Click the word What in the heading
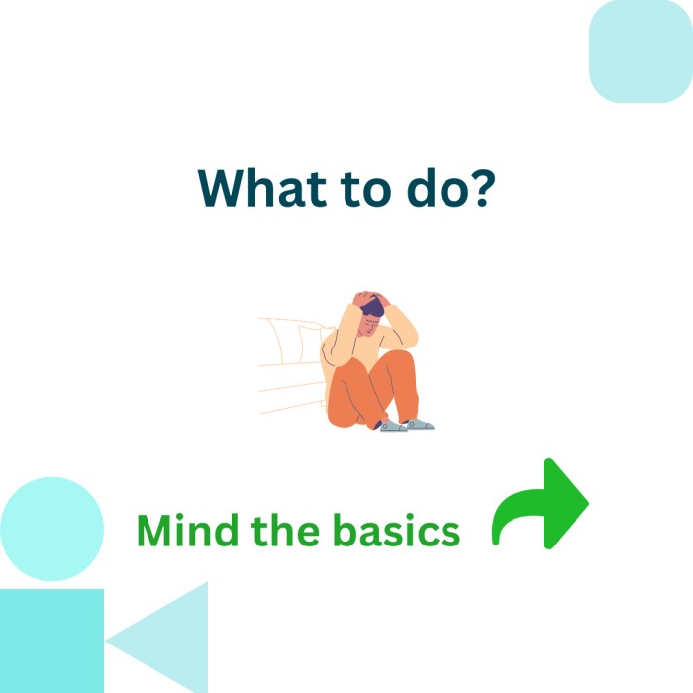tap(262, 188)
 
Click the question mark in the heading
tap(478, 188)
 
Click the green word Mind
tap(187, 530)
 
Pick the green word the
tap(285, 530)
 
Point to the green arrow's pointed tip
tap(588, 503)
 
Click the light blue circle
tap(51, 529)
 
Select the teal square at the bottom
tap(51, 641)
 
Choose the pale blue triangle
tap(168, 640)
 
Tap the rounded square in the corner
tap(641, 51)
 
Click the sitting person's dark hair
tap(373, 306)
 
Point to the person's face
tap(369, 325)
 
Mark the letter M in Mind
tap(154, 531)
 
